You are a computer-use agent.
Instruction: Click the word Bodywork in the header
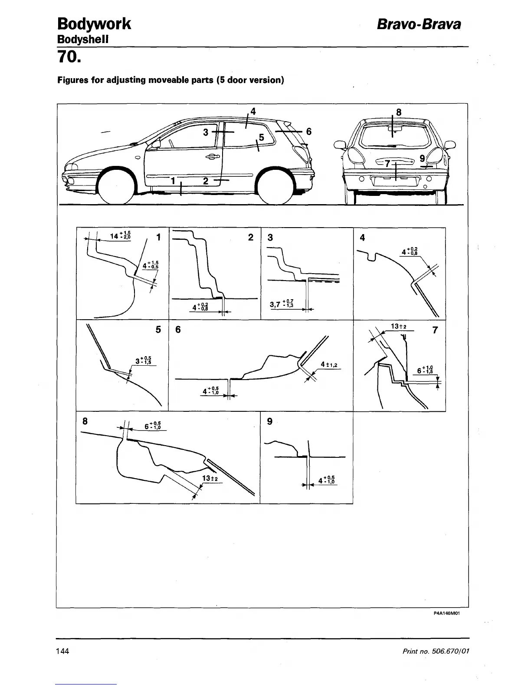pos(94,23)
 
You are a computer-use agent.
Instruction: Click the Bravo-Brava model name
pos(418,24)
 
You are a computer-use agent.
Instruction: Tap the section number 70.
pos(69,56)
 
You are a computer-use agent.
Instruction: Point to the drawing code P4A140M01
pos(446,613)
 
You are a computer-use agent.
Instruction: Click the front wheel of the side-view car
pos(115,186)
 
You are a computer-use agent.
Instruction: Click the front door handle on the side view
pos(213,157)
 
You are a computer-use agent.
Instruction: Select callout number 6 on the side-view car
pos(309,131)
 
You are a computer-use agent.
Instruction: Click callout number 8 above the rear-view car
pos(399,112)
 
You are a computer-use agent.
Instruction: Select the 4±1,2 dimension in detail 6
pos(329,364)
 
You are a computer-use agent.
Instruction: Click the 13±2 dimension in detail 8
pos(210,479)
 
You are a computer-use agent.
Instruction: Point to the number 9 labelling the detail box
pos(270,421)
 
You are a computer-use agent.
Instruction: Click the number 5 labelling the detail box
pos(158,330)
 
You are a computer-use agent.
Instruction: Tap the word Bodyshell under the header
pos(82,39)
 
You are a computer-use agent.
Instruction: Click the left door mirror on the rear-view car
pos(339,144)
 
